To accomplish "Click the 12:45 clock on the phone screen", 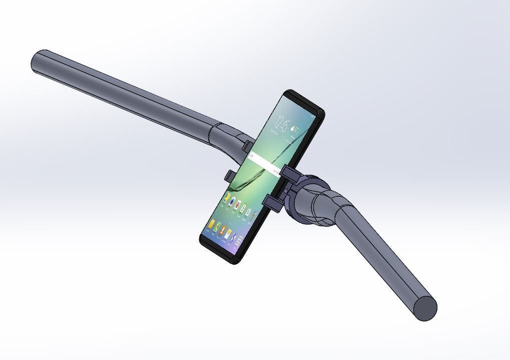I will click(x=284, y=123).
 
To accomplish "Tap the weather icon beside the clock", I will click(x=295, y=129).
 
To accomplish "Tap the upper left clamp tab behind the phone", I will click(x=247, y=146).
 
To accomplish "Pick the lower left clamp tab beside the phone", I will click(x=230, y=176).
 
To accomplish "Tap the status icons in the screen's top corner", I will click(x=313, y=116).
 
